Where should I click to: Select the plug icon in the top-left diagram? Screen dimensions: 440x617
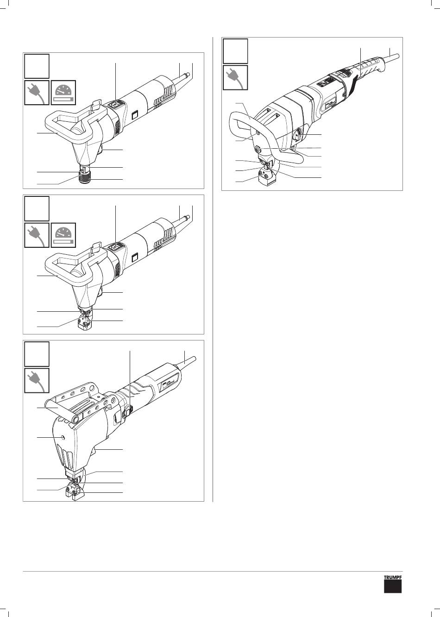click(x=37, y=93)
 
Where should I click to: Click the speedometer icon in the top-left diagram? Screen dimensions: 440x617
click(x=63, y=93)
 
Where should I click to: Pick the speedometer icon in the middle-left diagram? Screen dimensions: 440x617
click(x=63, y=235)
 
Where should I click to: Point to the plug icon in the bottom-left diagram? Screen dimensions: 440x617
click(x=37, y=380)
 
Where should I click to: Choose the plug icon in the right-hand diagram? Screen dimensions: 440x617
click(x=235, y=77)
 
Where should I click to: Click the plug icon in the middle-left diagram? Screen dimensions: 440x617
click(x=37, y=235)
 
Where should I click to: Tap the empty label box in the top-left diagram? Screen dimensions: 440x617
click(x=37, y=66)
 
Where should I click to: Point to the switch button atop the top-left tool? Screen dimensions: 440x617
click(x=114, y=105)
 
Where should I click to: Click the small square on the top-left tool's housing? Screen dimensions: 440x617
click(x=135, y=114)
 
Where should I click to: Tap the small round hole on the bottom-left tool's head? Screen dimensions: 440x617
click(x=63, y=437)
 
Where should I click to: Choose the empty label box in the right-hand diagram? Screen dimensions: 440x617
click(x=235, y=51)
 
